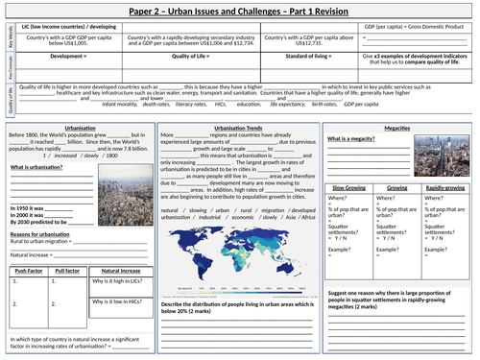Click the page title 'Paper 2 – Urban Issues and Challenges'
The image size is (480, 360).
pos(240,10)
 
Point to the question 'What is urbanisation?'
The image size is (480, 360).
pos(37,168)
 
